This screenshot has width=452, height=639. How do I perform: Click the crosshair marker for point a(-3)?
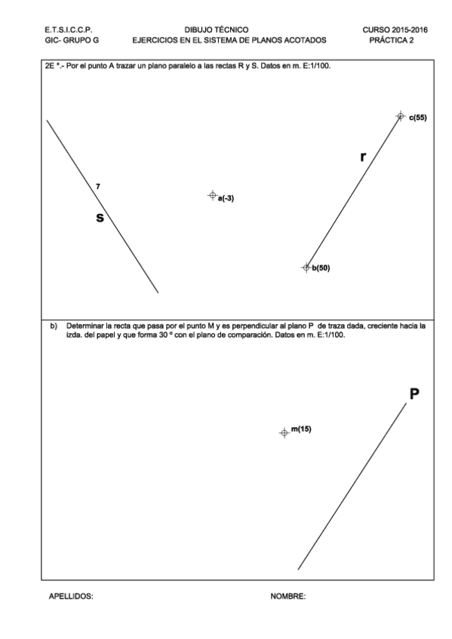[212, 195]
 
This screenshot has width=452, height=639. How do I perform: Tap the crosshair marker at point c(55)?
[401, 115]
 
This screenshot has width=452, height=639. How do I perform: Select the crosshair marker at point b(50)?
[306, 267]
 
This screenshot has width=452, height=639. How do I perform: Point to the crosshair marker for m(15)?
[284, 433]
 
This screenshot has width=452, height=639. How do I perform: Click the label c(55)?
[418, 118]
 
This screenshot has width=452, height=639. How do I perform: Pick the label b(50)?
[321, 268]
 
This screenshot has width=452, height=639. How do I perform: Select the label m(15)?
[301, 429]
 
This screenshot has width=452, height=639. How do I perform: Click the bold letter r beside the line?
[363, 157]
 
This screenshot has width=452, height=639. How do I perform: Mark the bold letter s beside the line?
[99, 217]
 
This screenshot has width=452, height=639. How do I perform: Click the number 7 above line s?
[98, 185]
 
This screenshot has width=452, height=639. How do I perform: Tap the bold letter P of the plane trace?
[414, 393]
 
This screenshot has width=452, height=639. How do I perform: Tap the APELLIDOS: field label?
[71, 596]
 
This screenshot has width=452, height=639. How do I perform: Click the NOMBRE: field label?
[287, 596]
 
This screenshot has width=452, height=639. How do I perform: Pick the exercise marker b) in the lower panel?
[54, 326]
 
